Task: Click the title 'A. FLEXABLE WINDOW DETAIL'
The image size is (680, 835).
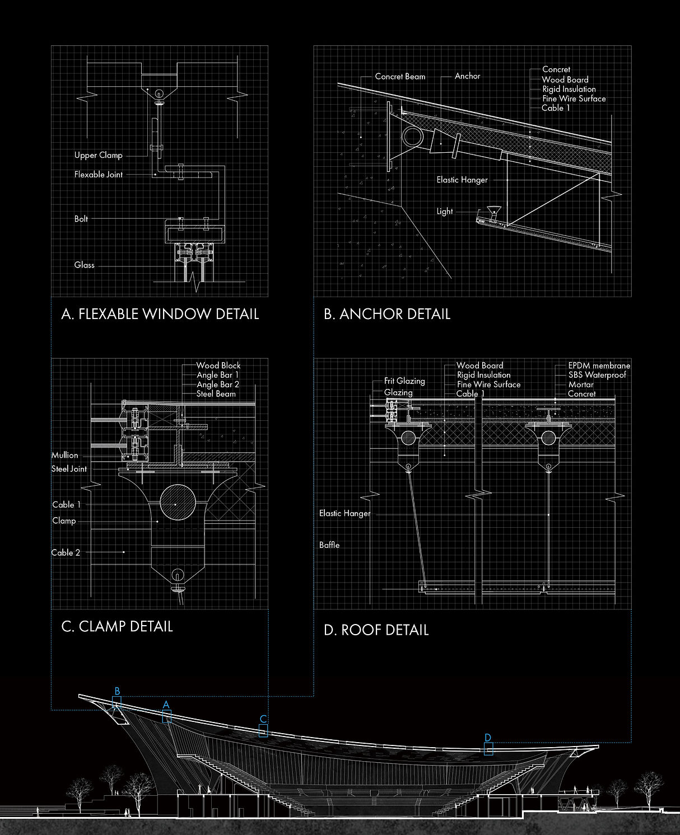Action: point(160,314)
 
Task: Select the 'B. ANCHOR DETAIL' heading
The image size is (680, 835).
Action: point(387,314)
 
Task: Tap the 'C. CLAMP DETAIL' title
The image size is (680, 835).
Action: point(117,626)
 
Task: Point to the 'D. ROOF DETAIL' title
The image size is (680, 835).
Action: point(376,630)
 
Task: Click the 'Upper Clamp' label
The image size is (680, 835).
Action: point(99,155)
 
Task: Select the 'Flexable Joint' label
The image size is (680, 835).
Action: point(99,175)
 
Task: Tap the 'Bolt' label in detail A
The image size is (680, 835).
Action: point(81,219)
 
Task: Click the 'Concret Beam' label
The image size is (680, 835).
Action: point(400,77)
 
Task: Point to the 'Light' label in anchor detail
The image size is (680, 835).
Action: point(445,212)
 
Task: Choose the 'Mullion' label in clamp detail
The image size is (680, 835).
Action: point(65,455)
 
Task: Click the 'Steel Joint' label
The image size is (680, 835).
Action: point(69,469)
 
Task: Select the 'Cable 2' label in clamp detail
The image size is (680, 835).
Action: point(66,552)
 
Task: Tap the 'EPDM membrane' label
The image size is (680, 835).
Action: point(599,366)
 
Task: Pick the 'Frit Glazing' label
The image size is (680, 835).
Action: point(404,381)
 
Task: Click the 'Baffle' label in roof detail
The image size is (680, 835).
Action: point(329,545)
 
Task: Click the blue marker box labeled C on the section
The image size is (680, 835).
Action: point(263,730)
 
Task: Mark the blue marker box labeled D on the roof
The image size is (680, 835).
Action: point(488,749)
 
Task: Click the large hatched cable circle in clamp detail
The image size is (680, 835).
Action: point(178,503)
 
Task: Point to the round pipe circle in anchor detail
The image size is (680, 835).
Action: point(412,137)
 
